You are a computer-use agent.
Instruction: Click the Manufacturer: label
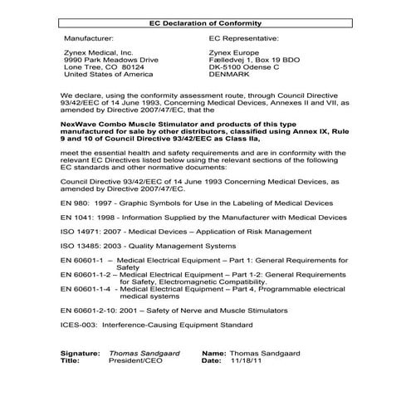pyautogui.click(x=91, y=37)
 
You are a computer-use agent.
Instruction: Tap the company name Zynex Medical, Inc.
pyautogui.click(x=97, y=53)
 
